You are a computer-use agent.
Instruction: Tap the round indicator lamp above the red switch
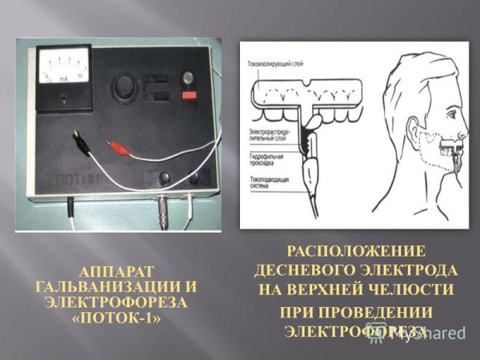point(188,78)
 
